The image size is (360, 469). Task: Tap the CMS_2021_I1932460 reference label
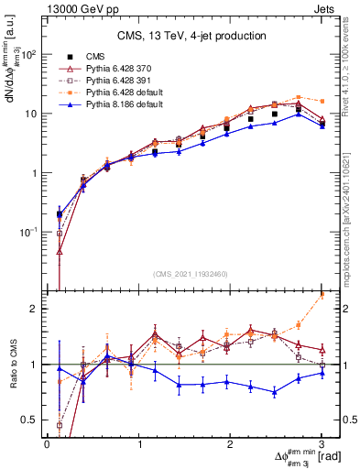pyautogui.click(x=190, y=272)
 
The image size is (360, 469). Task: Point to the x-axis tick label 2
pyautogui.click(x=231, y=444)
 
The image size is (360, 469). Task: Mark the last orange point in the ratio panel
pyautogui.click(x=322, y=295)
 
